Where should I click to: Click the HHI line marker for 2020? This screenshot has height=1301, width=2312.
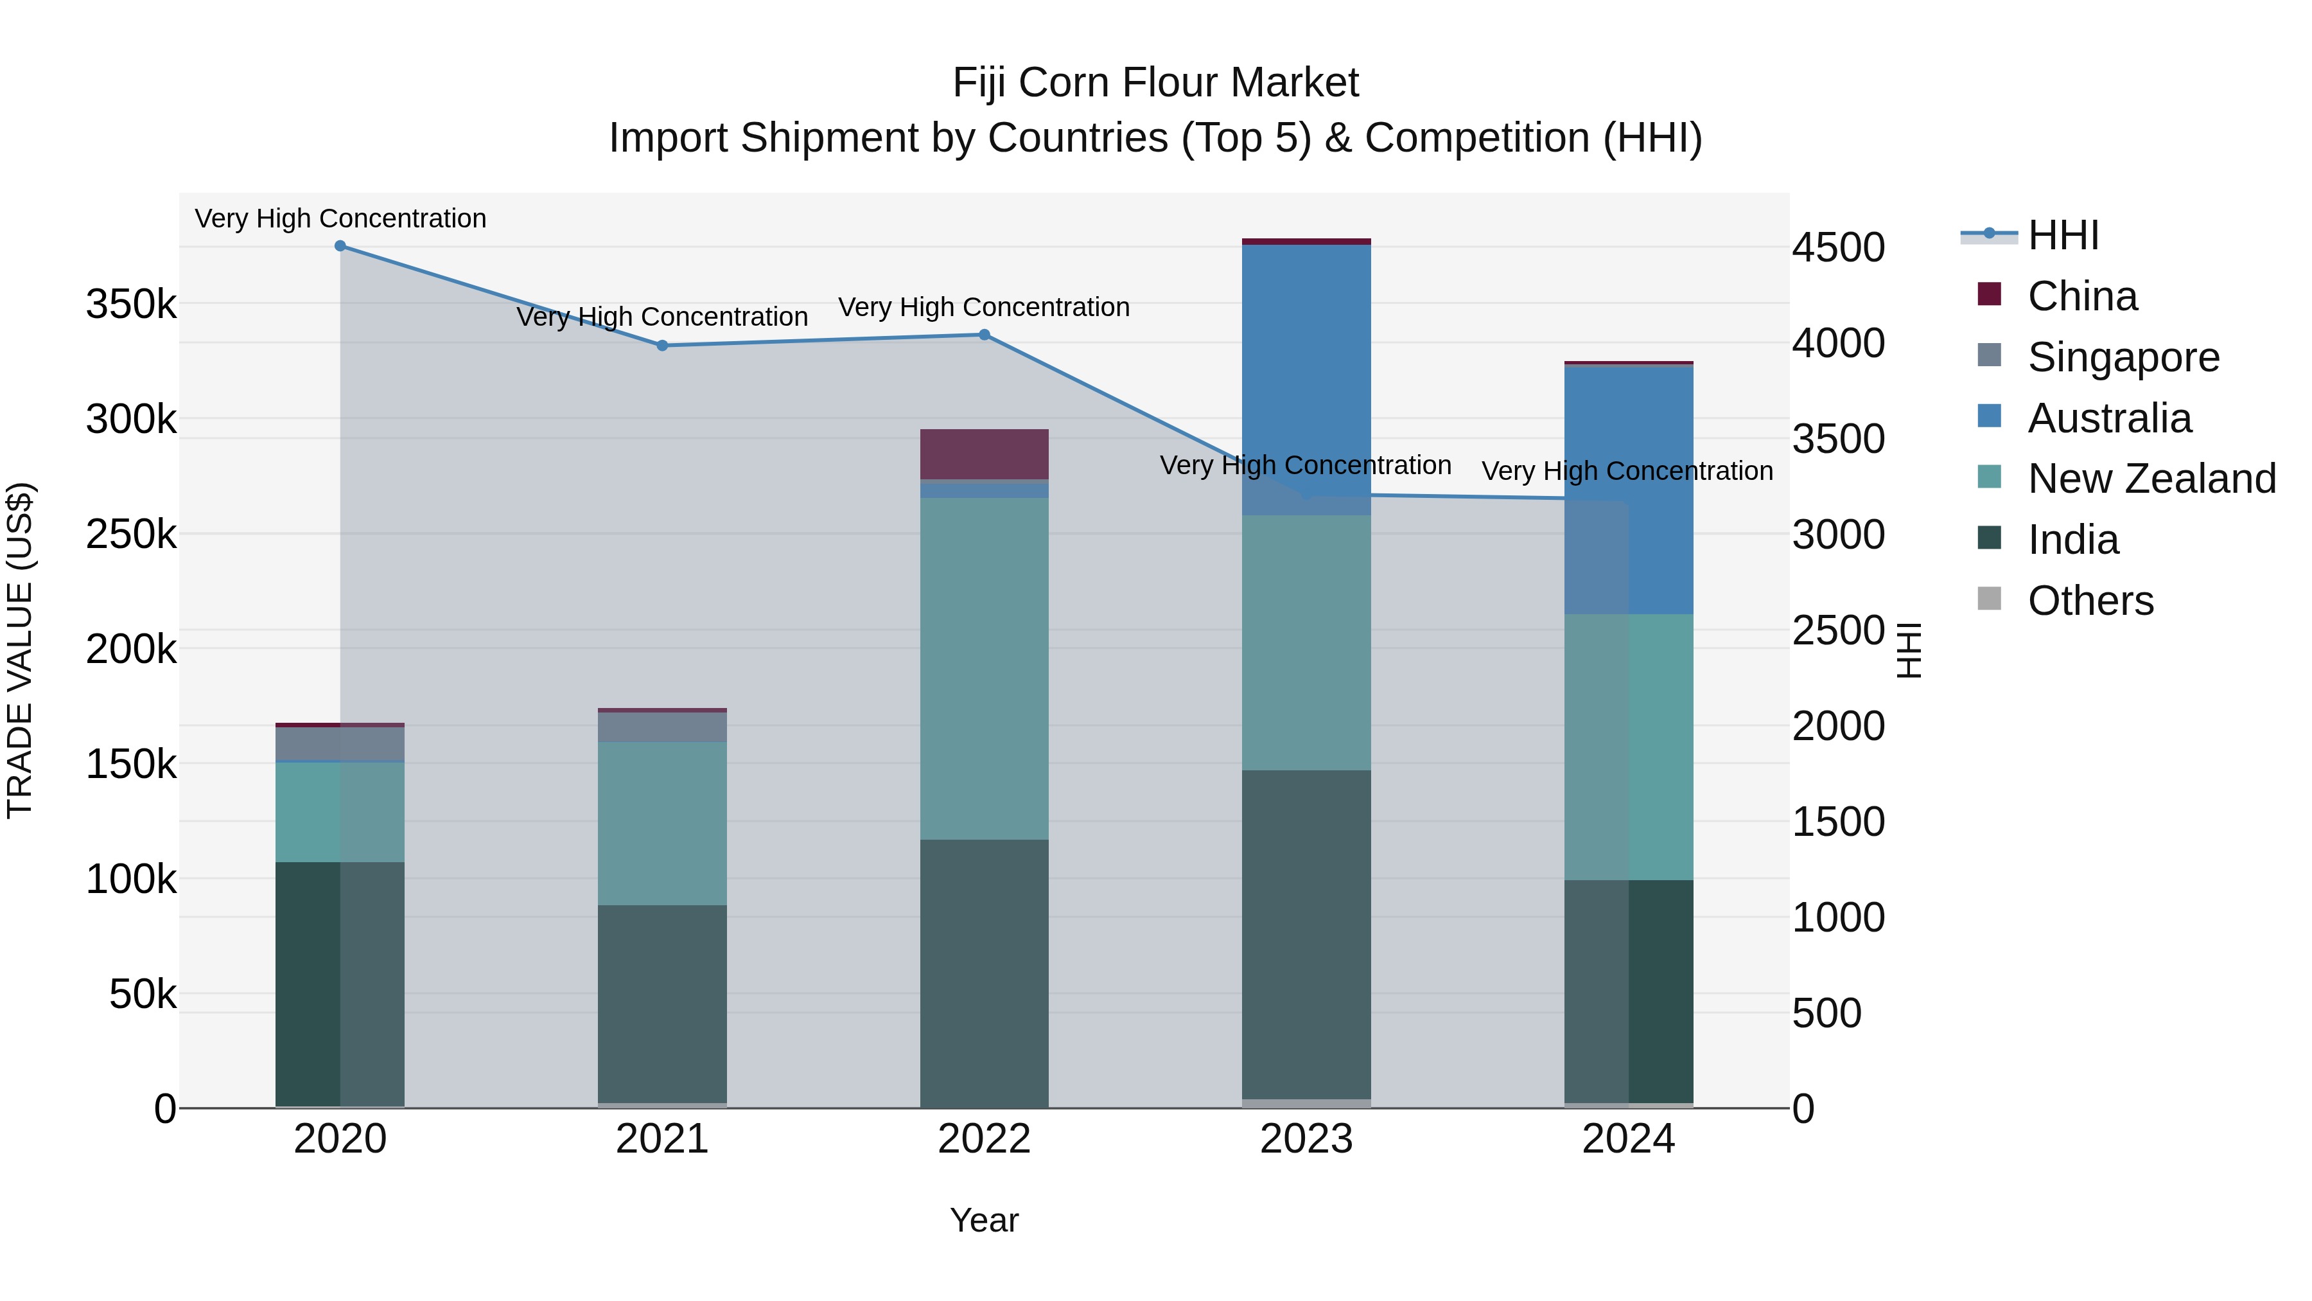340,246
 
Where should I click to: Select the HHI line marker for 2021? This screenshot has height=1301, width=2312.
662,346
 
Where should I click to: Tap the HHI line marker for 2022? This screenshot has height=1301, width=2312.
984,335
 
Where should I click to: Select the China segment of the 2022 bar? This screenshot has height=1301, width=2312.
984,454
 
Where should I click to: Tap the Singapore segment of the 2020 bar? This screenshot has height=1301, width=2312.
340,743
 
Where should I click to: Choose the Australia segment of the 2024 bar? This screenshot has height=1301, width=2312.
1628,490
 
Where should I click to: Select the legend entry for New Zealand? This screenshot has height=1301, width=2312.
2151,479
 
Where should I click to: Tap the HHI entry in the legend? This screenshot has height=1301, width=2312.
2062,235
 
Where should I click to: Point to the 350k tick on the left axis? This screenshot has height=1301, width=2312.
131,305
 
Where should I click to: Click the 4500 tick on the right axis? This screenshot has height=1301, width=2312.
1838,248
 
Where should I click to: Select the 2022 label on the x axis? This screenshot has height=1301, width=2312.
984,1139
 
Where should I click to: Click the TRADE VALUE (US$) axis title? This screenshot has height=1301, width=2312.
20,650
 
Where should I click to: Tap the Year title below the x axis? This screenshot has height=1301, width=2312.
984,1220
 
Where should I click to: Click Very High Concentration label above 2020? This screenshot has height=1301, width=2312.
340,218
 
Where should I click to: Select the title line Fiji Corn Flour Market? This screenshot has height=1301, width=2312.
1155,83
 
